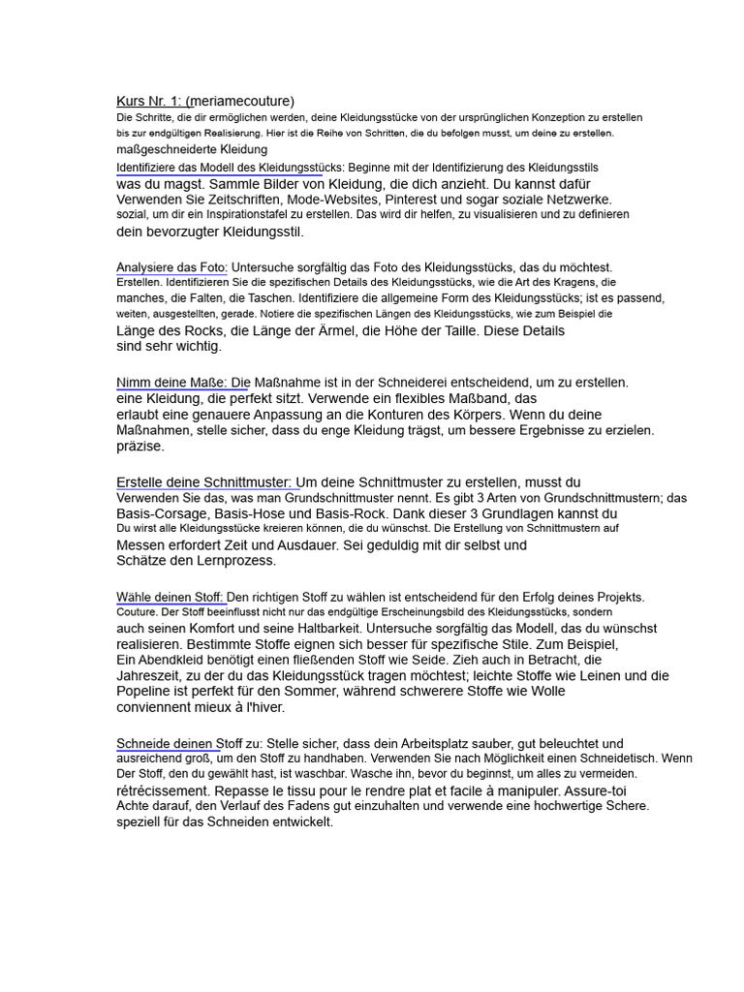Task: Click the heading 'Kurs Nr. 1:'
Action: (151, 101)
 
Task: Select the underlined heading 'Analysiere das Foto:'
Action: (171, 267)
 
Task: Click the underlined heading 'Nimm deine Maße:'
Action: (183, 383)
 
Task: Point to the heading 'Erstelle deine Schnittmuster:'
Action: (204, 481)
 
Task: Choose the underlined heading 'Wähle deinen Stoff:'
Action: (170, 597)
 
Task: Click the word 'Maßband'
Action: (479, 398)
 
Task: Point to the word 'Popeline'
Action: (145, 692)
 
